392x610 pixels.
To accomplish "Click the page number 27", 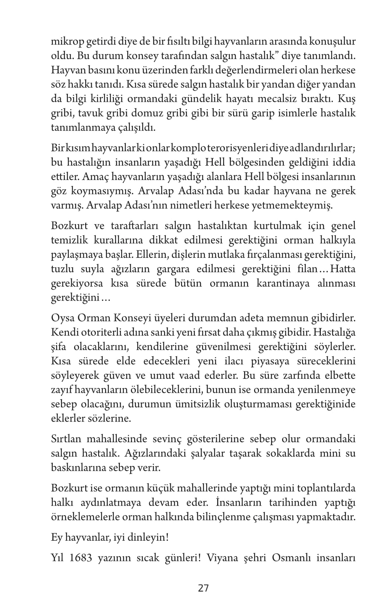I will click(x=203, y=588).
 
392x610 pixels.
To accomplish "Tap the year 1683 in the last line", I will click(x=80, y=558).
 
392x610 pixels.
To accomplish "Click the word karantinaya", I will click(x=278, y=283).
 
